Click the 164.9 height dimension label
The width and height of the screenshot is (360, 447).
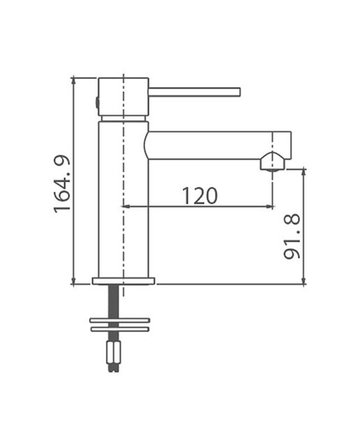[x=62, y=184]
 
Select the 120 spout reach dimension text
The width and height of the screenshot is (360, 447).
[x=200, y=196]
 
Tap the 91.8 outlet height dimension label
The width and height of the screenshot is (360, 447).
[x=292, y=236]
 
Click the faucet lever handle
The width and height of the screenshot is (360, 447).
[x=195, y=92]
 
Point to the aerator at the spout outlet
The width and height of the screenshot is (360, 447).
[x=272, y=161]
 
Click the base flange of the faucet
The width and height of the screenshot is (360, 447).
[x=123, y=281]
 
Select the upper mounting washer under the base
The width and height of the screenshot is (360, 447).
[x=119, y=320]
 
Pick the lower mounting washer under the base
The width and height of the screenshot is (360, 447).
[x=119, y=329]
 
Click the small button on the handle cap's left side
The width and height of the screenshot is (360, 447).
[x=97, y=103]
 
